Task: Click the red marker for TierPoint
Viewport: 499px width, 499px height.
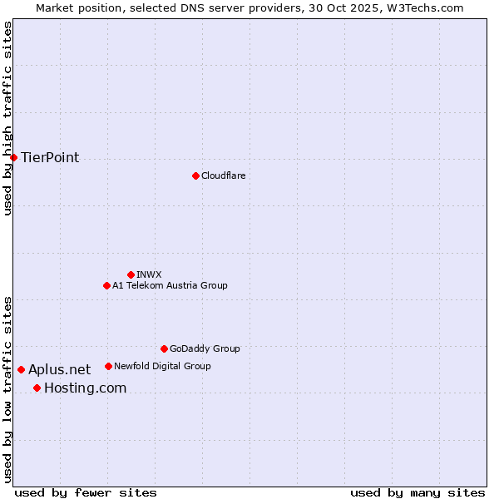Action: [13, 157]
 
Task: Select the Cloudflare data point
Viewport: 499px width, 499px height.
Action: [195, 175]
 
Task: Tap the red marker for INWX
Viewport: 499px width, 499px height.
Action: [131, 274]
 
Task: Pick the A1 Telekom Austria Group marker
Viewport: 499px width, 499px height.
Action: [106, 285]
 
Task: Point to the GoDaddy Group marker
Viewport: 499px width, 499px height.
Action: [164, 348]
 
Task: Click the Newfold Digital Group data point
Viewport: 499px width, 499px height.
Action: [108, 366]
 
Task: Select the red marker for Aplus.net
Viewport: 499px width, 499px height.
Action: [21, 369]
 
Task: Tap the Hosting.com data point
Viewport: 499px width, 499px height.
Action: [37, 388]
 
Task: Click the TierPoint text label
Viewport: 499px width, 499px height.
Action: [50, 157]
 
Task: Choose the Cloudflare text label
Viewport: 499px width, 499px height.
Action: [223, 175]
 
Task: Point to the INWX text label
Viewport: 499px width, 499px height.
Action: [149, 274]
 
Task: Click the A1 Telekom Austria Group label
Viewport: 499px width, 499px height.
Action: [170, 285]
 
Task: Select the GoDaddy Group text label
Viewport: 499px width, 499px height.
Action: [205, 348]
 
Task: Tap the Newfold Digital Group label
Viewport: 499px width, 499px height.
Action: [162, 366]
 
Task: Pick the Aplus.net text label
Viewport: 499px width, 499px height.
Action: [59, 369]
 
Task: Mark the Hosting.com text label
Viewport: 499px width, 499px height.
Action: [85, 388]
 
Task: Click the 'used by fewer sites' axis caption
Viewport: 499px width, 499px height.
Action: [86, 492]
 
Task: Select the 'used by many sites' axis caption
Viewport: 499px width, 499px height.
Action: [417, 492]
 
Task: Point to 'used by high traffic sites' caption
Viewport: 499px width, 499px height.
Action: [7, 118]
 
